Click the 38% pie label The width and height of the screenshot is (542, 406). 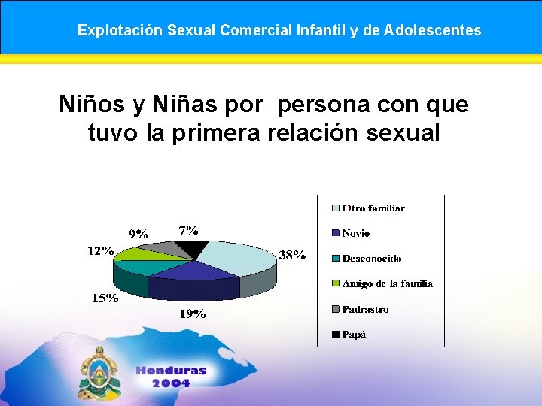pos(292,255)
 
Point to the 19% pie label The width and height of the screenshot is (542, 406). pos(193,314)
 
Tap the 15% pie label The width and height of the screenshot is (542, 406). pos(105,298)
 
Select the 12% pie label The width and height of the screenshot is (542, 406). pos(99,250)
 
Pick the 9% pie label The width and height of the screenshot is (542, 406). pos(138,234)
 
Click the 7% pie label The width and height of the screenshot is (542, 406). pos(189,229)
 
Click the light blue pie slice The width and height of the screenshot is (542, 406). pos(237,256)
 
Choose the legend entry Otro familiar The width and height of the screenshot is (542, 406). pos(373,208)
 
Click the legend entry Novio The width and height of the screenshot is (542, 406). pos(355,233)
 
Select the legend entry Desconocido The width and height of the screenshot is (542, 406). pos(371,258)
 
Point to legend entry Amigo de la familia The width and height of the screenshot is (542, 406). pos(387,283)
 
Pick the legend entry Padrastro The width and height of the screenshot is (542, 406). pos(365,309)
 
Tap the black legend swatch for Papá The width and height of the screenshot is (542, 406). pos(335,335)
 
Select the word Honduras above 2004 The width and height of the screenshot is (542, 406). pos(171,370)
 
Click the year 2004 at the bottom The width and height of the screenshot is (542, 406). pos(171,383)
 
